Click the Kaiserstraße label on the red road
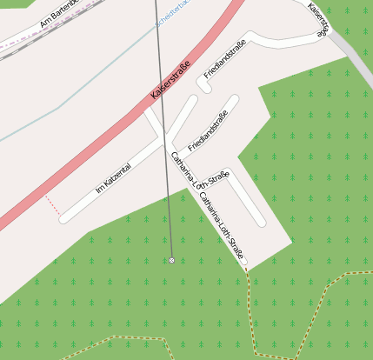pos(171,84)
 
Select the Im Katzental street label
pos(112,177)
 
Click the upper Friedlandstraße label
pos(225,60)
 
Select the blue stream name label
pos(171,16)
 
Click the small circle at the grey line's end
pos(172,260)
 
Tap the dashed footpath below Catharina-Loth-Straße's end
pos(250,304)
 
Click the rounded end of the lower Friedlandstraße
pos(233,99)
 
